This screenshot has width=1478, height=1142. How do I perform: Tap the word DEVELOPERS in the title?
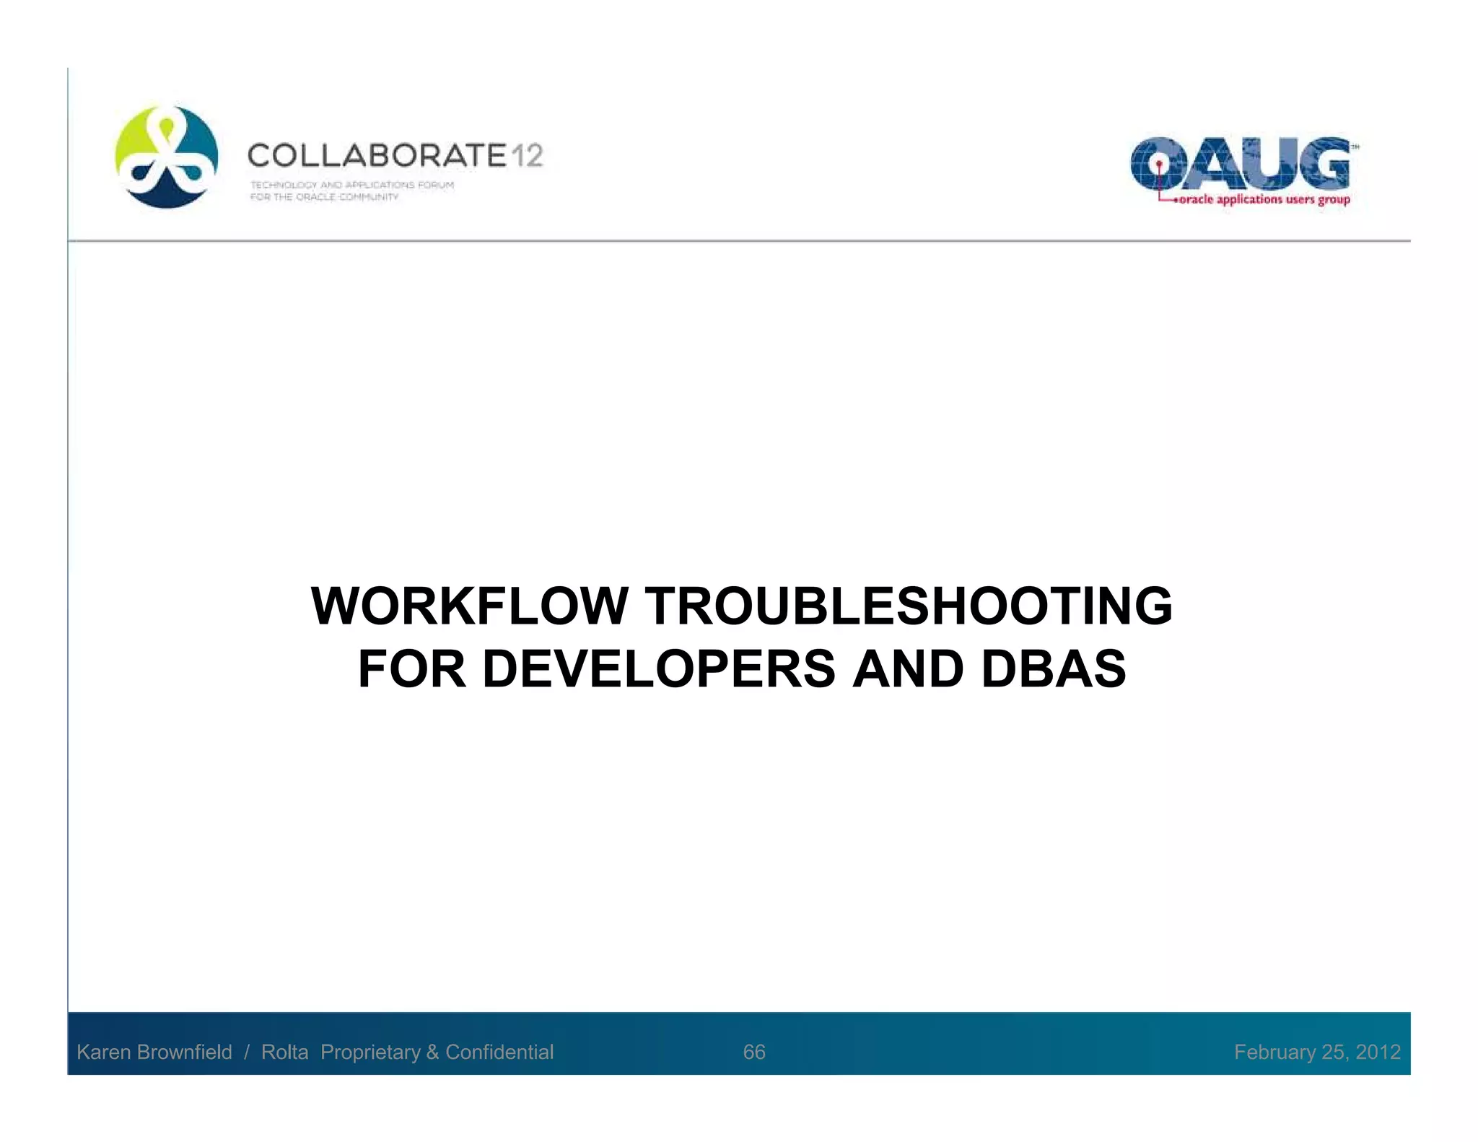[x=658, y=669]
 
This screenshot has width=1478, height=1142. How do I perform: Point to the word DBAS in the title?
[x=1053, y=669]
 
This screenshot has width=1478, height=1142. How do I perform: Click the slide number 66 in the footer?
[x=753, y=1052]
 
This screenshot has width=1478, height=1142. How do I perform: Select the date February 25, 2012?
[x=1317, y=1052]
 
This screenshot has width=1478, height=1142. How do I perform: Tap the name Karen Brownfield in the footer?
[x=154, y=1052]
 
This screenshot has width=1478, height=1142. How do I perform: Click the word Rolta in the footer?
[x=284, y=1052]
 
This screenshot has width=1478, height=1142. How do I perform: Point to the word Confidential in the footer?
[x=499, y=1052]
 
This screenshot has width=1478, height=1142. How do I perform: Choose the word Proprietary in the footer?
[x=370, y=1052]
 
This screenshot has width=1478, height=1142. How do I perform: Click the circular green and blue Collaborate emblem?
[x=167, y=157]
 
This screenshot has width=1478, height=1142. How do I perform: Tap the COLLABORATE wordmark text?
[x=377, y=156]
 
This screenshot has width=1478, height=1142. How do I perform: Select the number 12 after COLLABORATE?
[x=528, y=156]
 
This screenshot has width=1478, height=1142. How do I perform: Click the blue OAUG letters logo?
[x=1239, y=164]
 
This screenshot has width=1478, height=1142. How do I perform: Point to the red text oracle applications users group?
[x=1264, y=200]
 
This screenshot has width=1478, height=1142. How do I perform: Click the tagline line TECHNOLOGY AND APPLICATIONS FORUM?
[x=352, y=185]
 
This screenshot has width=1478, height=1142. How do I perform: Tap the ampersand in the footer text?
[x=432, y=1052]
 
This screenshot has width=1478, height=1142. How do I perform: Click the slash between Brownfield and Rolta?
[x=247, y=1052]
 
